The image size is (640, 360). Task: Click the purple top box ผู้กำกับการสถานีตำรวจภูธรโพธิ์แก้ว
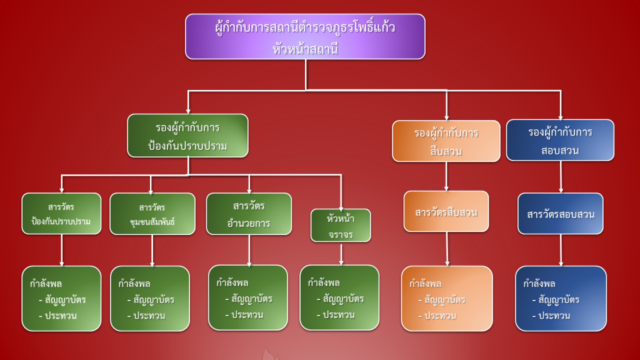click(305, 36)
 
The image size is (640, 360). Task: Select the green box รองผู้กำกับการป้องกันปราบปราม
click(187, 136)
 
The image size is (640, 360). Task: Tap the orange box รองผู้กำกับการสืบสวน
click(446, 141)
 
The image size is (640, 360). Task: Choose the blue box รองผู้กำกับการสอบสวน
click(560, 141)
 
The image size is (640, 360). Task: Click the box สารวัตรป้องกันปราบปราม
click(61, 214)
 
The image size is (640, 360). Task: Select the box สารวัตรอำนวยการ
click(249, 214)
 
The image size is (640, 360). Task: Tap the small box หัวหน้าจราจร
click(341, 225)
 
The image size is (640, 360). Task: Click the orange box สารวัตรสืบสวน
click(446, 212)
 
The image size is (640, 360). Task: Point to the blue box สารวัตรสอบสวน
click(561, 214)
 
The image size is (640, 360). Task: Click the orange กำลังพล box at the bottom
click(446, 299)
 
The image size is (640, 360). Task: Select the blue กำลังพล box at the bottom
click(561, 299)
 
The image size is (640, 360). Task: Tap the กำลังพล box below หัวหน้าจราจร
click(339, 297)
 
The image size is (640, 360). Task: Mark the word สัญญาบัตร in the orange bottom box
click(444, 300)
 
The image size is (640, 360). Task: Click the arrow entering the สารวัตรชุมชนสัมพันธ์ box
click(151, 185)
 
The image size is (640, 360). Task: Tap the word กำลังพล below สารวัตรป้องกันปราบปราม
click(46, 283)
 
